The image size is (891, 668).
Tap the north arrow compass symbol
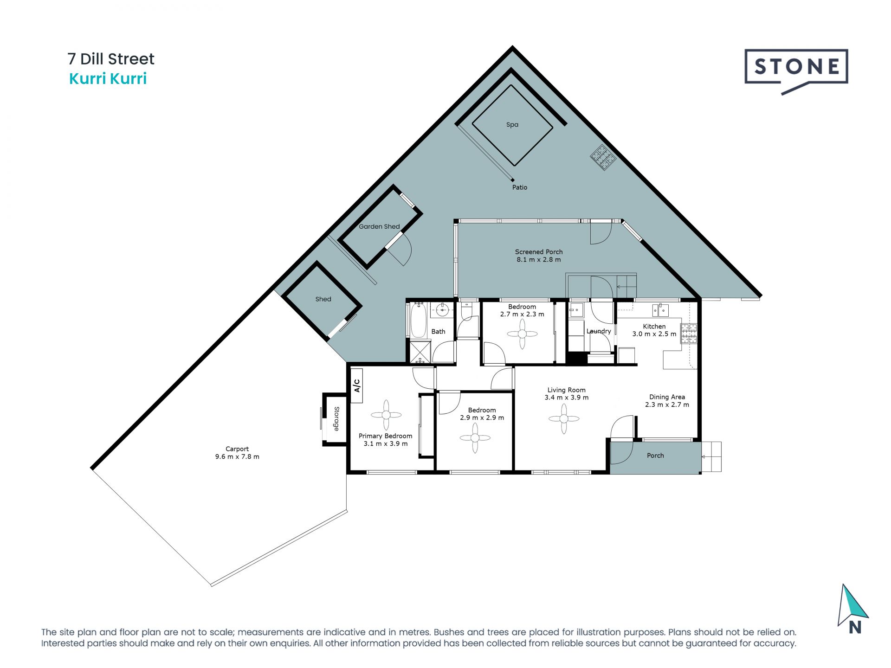click(853, 610)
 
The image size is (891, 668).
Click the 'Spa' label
click(512, 125)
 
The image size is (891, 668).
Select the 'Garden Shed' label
click(379, 226)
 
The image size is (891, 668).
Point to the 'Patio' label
click(520, 187)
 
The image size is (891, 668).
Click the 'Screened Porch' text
click(539, 252)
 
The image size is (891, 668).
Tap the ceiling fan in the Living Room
click(564, 419)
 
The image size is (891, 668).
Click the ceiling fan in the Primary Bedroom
click(386, 415)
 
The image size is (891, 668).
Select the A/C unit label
click(357, 385)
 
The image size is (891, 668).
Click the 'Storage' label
click(336, 419)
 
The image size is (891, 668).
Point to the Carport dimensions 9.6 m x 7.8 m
click(237, 457)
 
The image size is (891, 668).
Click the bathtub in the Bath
click(419, 321)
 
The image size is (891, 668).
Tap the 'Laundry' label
click(599, 331)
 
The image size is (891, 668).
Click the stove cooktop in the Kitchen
click(689, 334)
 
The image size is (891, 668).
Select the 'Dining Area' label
click(667, 397)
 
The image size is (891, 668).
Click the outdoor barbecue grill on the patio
click(603, 158)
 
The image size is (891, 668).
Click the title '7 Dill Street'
click(111, 59)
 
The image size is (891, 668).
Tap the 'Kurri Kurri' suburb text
click(108, 79)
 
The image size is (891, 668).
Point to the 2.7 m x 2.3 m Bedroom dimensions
click(522, 315)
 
